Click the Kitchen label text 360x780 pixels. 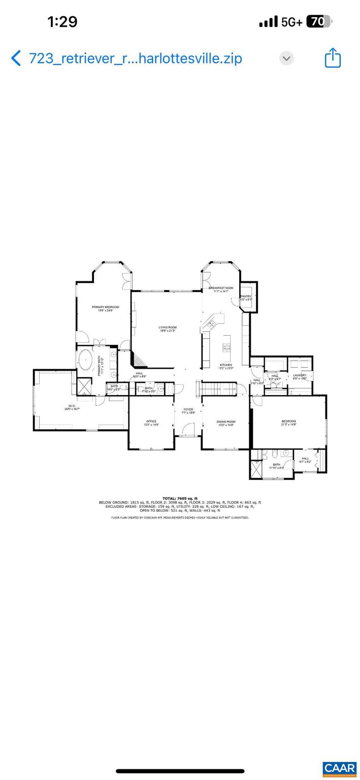tap(226, 365)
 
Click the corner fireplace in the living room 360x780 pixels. tap(139, 359)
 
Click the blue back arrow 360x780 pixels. tap(16, 58)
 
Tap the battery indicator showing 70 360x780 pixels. tap(318, 21)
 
